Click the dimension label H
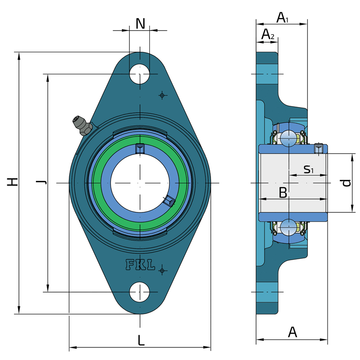13,182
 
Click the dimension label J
41,182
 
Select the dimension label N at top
140,23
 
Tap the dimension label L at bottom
141,341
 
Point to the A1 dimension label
282,18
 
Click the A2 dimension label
268,34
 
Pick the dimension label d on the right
346,182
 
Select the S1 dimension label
308,169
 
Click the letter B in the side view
283,193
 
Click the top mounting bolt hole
139,74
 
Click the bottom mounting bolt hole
139,292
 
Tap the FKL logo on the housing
140,265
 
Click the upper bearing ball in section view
288,138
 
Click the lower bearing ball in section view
288,227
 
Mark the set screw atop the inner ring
140,148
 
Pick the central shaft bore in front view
140,183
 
